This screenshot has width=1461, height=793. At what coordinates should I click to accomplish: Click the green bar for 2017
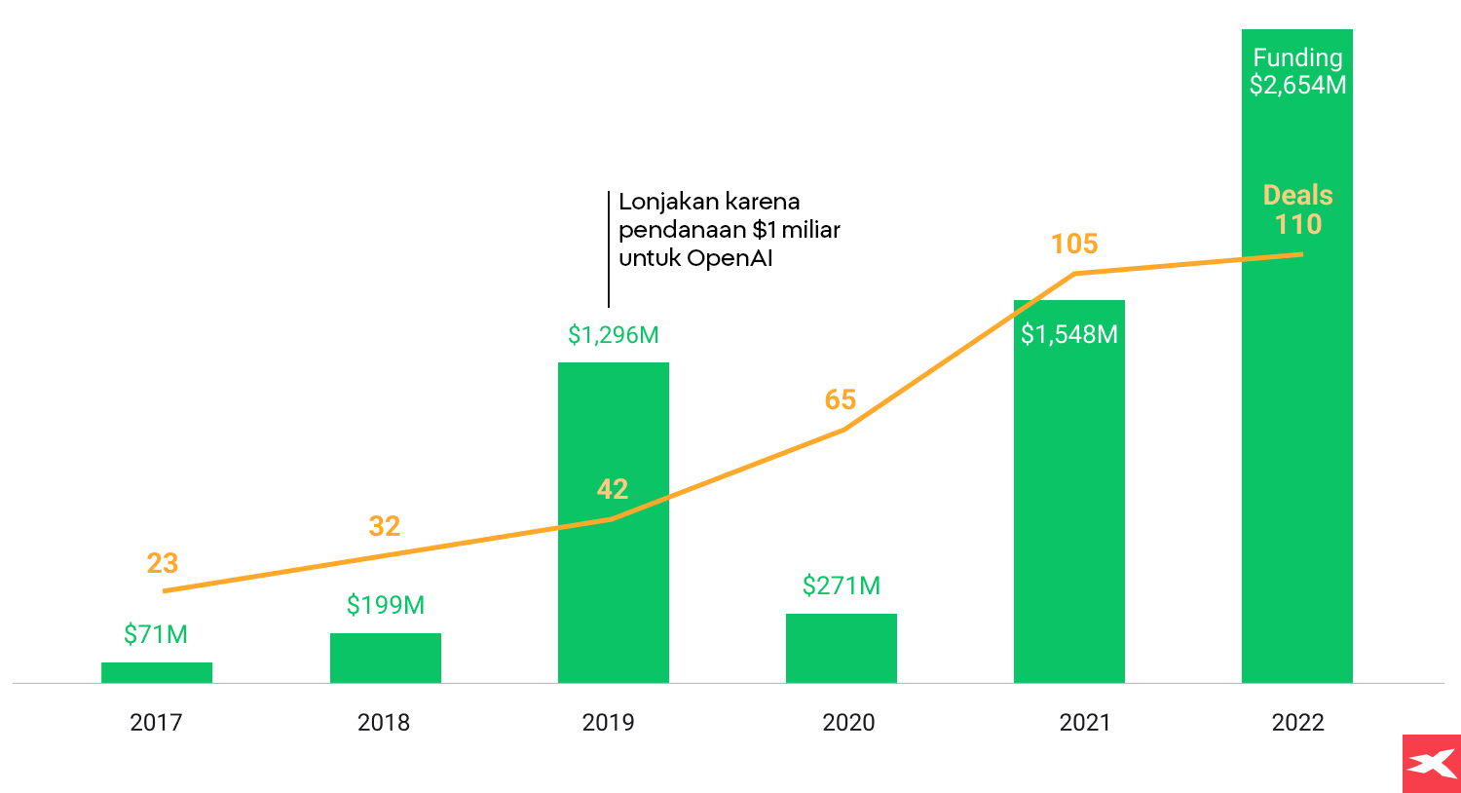(x=157, y=672)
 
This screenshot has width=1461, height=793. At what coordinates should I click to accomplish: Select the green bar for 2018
(x=386, y=658)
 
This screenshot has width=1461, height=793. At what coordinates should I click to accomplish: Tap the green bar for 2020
(x=842, y=648)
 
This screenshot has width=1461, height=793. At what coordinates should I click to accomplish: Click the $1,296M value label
(x=614, y=335)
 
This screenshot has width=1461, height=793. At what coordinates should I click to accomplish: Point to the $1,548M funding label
(x=1069, y=334)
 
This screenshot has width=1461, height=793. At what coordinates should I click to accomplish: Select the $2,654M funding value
(x=1297, y=86)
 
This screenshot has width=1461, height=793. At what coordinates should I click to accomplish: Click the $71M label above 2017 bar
(x=156, y=634)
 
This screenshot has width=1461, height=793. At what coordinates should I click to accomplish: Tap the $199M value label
(x=386, y=605)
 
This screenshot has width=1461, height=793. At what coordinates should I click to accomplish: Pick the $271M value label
(x=842, y=585)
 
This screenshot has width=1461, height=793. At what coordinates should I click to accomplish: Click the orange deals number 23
(x=163, y=563)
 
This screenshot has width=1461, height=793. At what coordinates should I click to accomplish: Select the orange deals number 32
(x=385, y=526)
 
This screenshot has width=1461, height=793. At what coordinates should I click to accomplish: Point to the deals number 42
(x=613, y=489)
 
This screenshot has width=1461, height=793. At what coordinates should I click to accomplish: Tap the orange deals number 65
(x=841, y=399)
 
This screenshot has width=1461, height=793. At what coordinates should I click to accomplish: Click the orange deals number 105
(x=1074, y=244)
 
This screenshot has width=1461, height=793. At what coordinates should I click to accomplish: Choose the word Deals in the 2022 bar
(x=1297, y=195)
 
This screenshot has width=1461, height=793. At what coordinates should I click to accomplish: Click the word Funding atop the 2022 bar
(x=1297, y=58)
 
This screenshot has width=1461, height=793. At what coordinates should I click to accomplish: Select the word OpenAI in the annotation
(x=730, y=258)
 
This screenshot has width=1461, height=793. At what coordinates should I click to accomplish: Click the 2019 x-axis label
(x=608, y=722)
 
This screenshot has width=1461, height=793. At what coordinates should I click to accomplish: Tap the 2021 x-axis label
(x=1085, y=722)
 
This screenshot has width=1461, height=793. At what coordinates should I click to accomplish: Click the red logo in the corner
(x=1431, y=763)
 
